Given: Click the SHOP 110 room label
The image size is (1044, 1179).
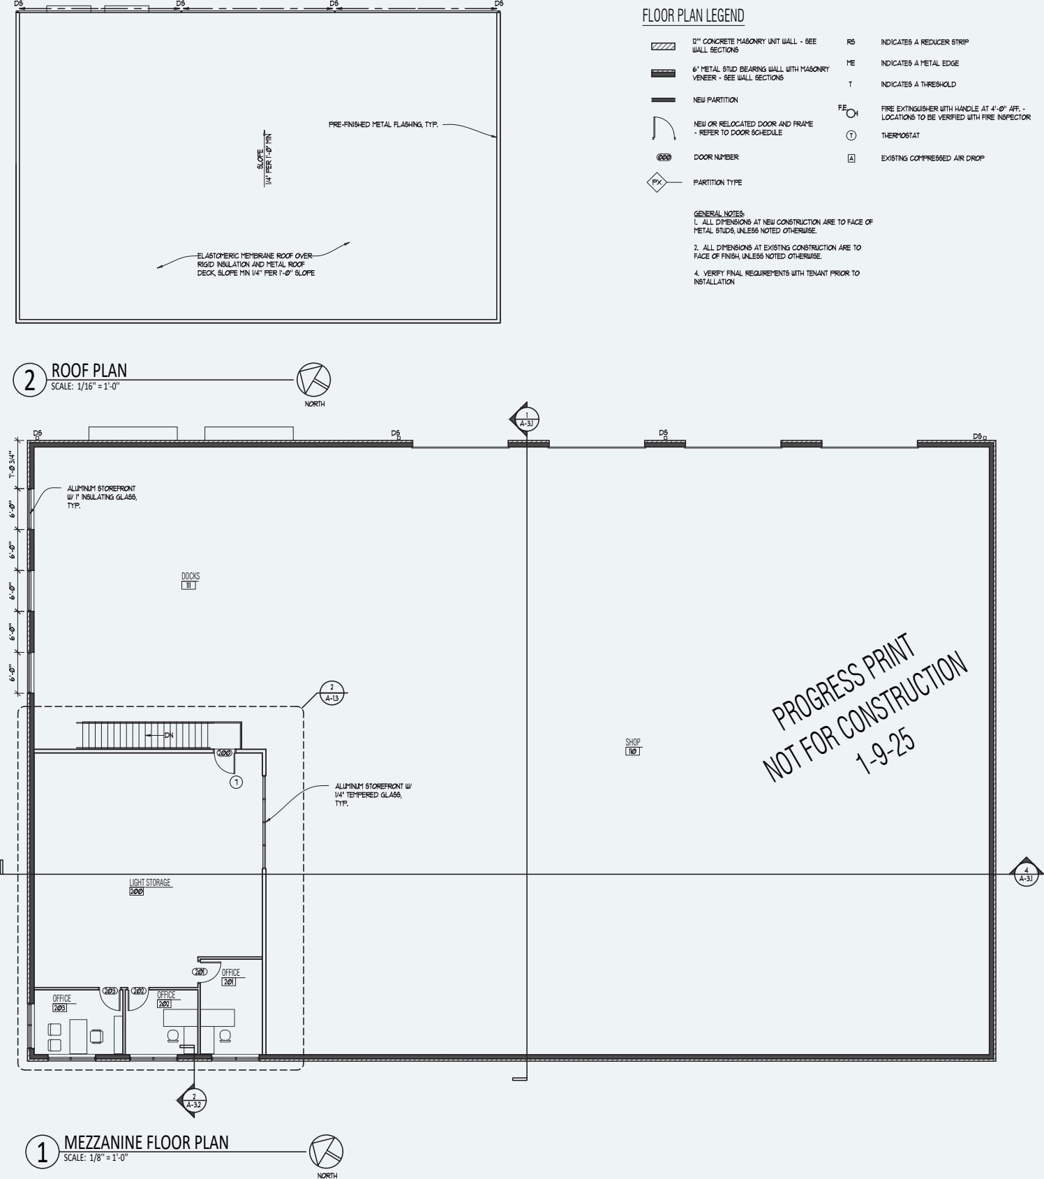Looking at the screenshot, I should click(x=632, y=746).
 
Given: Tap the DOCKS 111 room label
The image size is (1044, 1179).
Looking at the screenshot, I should click(x=190, y=580).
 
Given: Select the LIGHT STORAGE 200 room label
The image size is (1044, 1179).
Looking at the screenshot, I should click(x=149, y=887).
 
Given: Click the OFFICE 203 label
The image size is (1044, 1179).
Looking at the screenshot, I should click(x=61, y=1002).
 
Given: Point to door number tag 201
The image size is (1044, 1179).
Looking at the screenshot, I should click(x=200, y=972).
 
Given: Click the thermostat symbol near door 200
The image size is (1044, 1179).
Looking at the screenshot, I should click(x=236, y=782).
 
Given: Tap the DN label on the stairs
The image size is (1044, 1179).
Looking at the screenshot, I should click(x=168, y=735).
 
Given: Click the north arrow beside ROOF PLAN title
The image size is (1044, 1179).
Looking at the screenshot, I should click(x=313, y=380).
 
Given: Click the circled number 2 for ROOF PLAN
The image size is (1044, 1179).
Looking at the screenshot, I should click(x=29, y=380).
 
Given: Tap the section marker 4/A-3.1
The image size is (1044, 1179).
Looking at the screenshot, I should click(x=1026, y=874).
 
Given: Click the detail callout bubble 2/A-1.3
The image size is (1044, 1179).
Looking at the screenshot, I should click(x=332, y=692).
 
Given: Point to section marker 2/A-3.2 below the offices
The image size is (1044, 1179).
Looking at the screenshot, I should click(x=193, y=1101).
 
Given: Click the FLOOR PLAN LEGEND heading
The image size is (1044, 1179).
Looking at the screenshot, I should click(x=693, y=15).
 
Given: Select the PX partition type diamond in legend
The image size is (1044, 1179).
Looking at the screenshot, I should click(x=656, y=183).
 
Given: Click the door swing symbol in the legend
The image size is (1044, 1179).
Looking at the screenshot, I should click(x=662, y=128).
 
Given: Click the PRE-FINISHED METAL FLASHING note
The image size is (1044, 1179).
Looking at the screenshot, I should click(x=383, y=125).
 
